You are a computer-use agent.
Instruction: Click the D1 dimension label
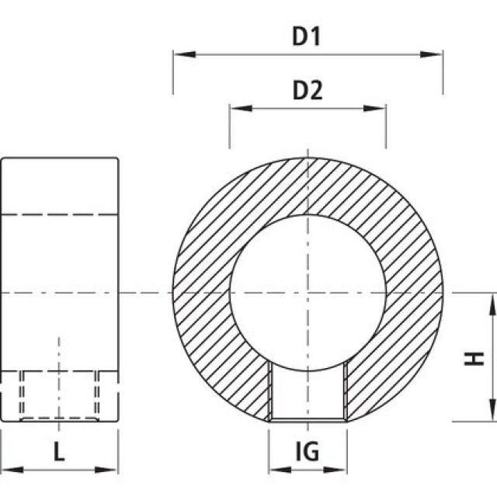[x=308, y=36]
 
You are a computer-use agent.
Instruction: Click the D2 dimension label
[x=308, y=91]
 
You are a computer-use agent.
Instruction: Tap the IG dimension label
[x=308, y=452]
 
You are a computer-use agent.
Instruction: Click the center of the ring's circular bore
[x=308, y=294]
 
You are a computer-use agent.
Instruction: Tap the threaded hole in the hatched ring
[x=308, y=393]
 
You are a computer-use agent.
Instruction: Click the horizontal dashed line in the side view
[x=59, y=214]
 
